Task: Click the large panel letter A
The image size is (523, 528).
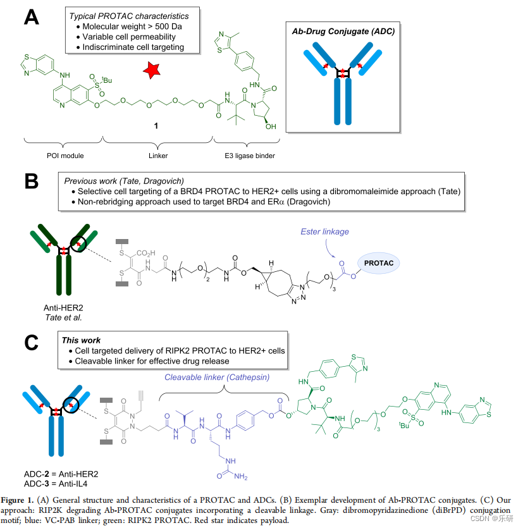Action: (31, 15)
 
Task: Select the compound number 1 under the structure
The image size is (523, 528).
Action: (156, 126)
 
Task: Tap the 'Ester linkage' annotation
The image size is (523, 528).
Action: (343, 231)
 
